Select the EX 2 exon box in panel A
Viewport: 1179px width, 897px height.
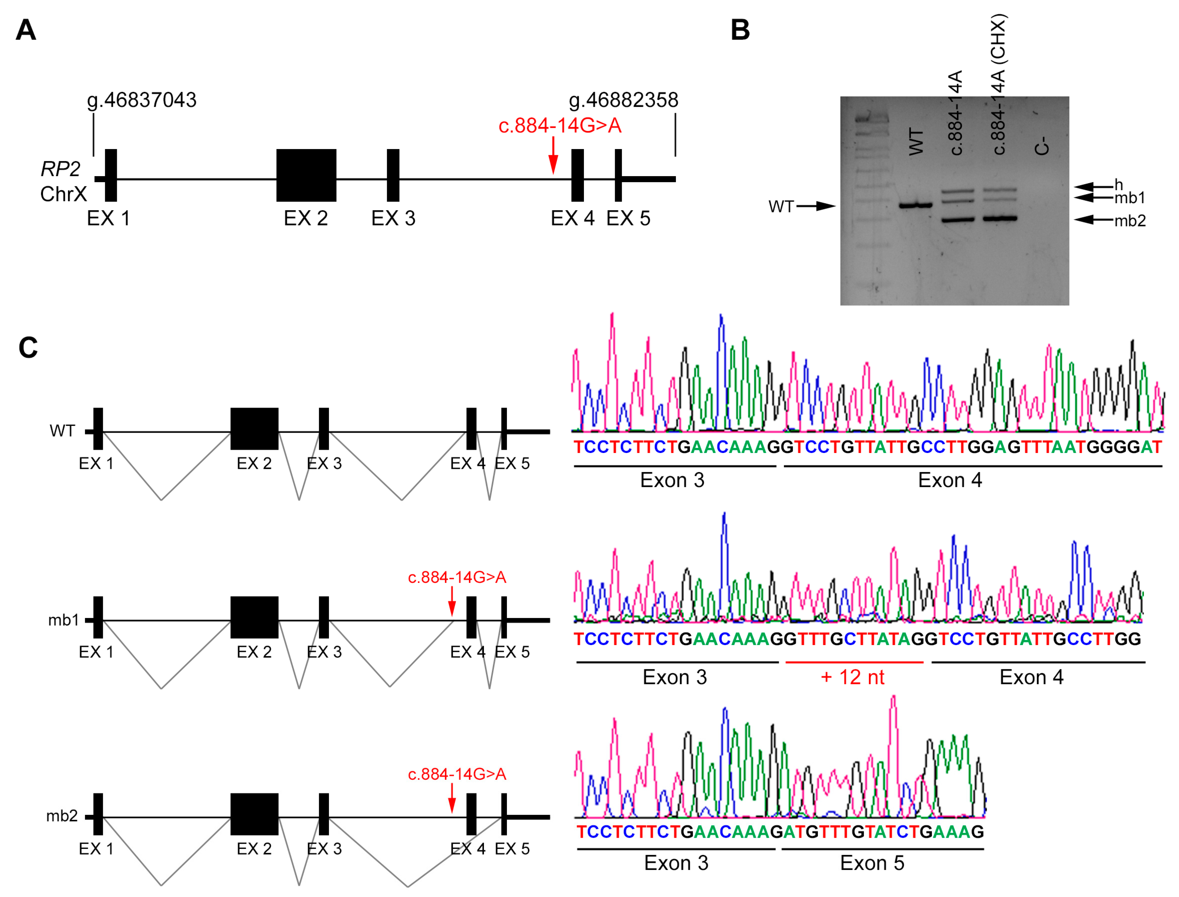point(306,175)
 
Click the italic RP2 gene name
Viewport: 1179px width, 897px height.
point(60,169)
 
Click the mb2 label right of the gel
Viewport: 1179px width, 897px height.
point(1130,220)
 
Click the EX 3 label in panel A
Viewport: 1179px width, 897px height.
point(393,219)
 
